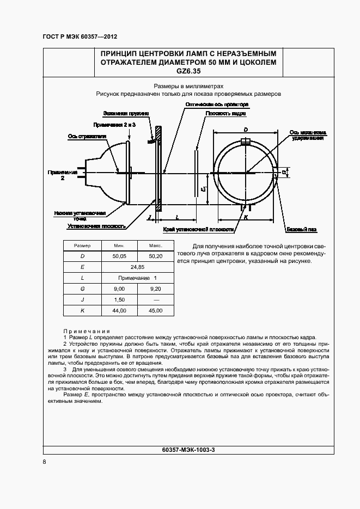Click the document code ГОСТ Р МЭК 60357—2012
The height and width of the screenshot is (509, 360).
(80, 36)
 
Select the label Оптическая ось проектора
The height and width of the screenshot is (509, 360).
(217, 103)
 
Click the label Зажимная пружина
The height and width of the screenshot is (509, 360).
(123, 114)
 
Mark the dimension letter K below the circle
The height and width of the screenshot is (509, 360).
(246, 217)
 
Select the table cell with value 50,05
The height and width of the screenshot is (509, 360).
(119, 256)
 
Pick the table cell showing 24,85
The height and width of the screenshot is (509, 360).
(137, 267)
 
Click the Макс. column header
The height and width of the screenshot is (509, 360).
(155, 246)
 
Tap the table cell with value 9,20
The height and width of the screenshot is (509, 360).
(155, 289)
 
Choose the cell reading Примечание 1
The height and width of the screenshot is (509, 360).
(137, 278)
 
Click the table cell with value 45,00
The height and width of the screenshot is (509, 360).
(155, 310)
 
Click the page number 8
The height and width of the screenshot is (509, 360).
(44, 462)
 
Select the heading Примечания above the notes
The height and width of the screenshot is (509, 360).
(87, 331)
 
